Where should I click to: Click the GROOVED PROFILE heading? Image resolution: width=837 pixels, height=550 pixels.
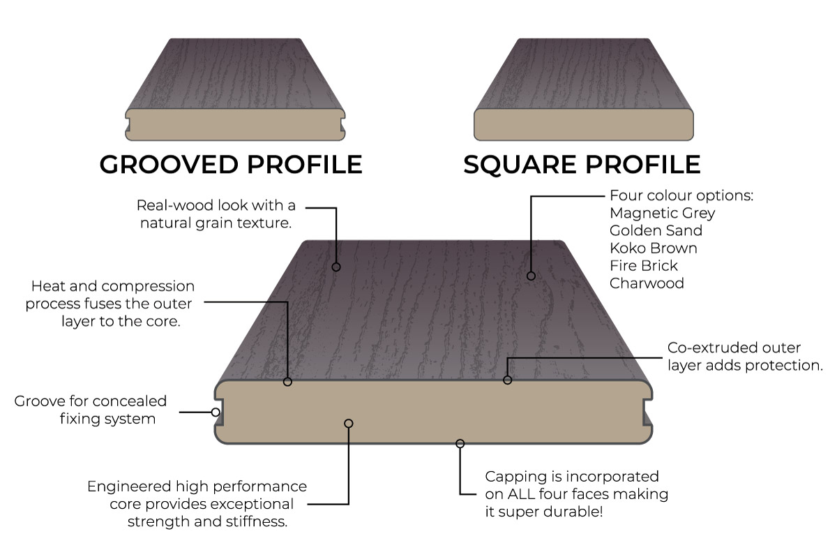point(231,164)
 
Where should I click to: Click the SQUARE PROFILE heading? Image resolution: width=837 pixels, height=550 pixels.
point(582,164)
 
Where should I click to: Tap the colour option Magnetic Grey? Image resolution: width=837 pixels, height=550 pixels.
point(662,213)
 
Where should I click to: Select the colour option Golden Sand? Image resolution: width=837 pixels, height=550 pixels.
point(656,230)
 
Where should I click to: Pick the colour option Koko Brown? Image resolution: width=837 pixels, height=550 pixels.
point(653,248)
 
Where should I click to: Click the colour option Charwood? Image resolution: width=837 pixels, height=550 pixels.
point(647,283)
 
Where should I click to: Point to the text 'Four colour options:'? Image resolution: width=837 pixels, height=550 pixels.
point(681,195)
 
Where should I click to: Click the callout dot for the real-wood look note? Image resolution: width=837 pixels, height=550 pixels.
point(336,267)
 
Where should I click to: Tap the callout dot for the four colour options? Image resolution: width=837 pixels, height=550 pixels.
point(531,276)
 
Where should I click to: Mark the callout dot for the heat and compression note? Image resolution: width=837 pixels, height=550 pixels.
point(287,382)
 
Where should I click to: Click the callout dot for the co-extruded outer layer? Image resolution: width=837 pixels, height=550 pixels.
point(508,380)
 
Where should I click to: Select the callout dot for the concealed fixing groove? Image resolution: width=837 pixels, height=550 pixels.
point(216,412)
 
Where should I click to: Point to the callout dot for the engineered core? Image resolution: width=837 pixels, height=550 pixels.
point(349,423)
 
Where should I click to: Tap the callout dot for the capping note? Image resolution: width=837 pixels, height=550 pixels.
point(460,443)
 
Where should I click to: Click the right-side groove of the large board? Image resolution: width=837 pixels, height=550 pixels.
point(649,412)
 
